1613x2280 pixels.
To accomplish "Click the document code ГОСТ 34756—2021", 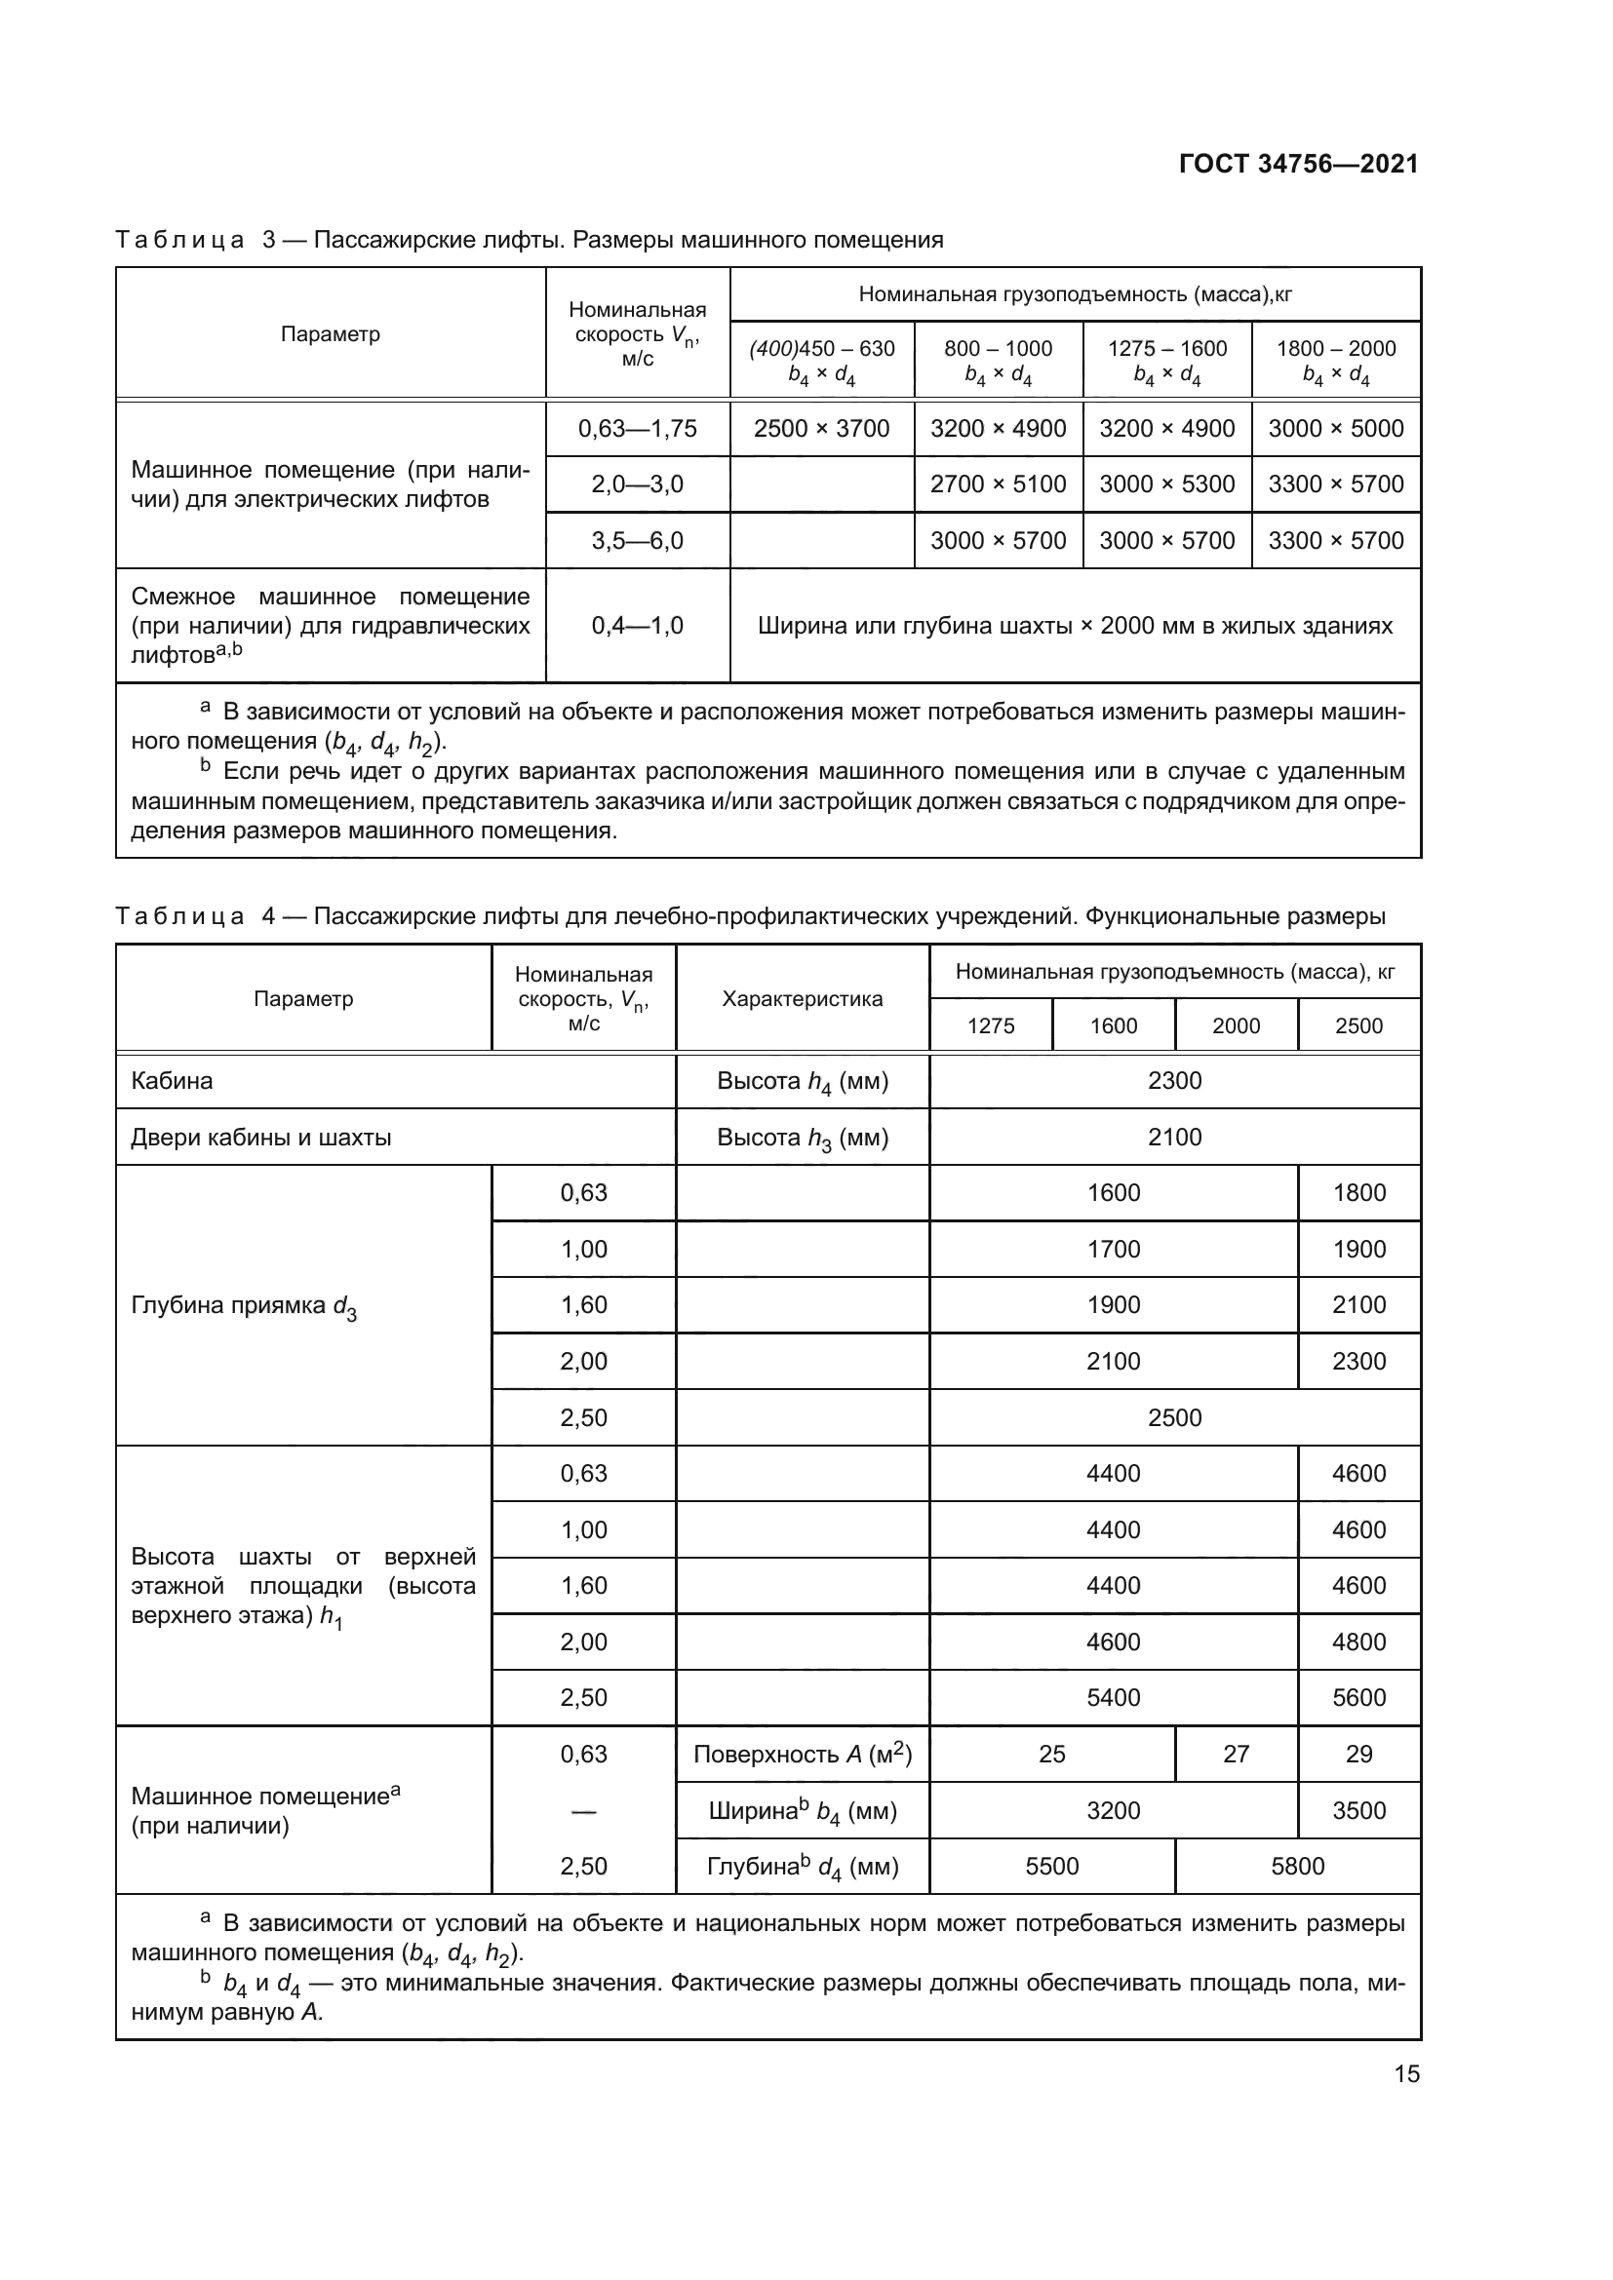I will point(1298,164).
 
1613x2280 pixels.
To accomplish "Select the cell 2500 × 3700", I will point(821,429).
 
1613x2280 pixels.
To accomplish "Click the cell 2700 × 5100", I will point(999,484).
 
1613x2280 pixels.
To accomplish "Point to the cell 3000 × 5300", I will point(1167,484).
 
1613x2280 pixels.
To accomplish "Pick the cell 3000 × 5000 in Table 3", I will point(1336,429).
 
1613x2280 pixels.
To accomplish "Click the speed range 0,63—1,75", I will point(638,429).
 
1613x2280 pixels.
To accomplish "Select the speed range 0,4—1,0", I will point(638,626).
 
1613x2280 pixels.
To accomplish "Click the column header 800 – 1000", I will point(999,349).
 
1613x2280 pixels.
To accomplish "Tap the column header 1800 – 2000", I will point(1336,349).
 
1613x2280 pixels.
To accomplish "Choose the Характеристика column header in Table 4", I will point(803,999).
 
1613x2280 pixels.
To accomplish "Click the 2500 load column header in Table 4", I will point(1358,1025).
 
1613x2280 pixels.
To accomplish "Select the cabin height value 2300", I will point(1174,1080).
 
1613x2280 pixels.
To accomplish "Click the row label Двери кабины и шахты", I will point(261,1137).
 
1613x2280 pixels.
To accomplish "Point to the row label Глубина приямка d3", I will point(244,1306).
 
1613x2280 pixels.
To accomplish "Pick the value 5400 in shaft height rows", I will point(1114,1698).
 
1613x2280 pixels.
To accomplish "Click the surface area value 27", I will point(1236,1755).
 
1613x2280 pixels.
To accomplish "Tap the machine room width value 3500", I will point(1358,1810).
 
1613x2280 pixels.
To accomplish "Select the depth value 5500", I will point(1052,1867).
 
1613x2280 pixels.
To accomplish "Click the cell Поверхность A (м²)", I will point(803,1755).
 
